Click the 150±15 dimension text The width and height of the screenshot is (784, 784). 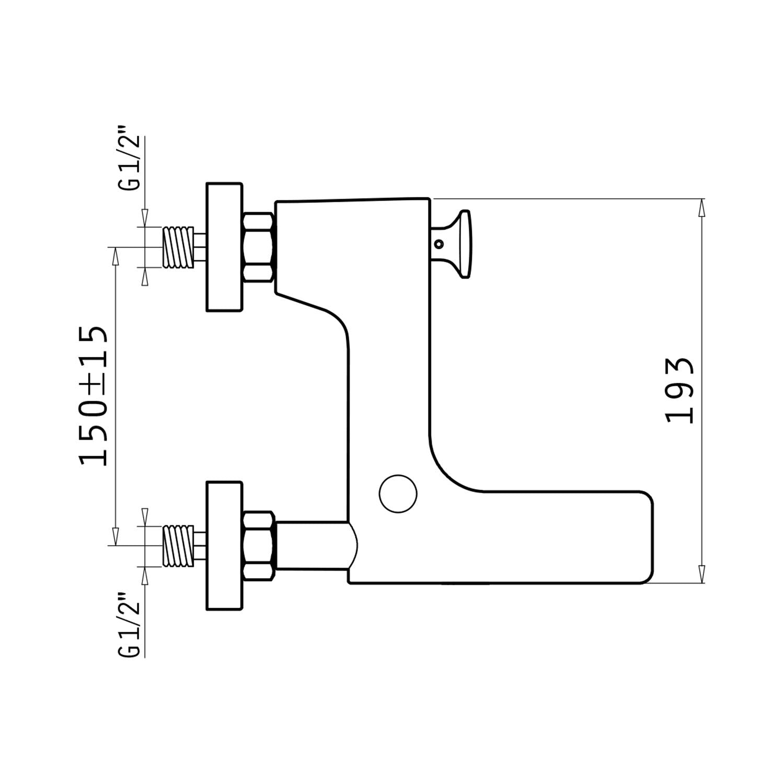coord(94,396)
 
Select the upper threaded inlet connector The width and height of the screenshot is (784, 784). coord(178,247)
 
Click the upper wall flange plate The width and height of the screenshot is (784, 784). coord(225,247)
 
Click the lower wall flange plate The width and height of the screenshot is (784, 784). coord(225,545)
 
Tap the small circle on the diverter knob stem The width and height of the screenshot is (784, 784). coord(439,244)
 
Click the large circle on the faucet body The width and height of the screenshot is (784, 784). coord(398,494)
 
